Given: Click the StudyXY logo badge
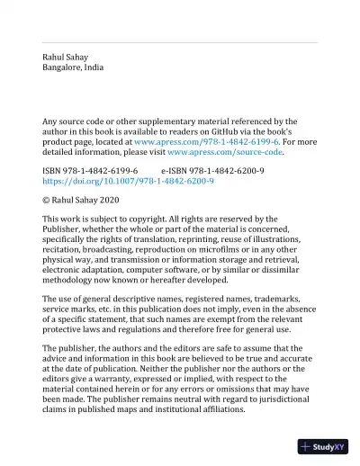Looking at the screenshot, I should (x=325, y=447).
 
